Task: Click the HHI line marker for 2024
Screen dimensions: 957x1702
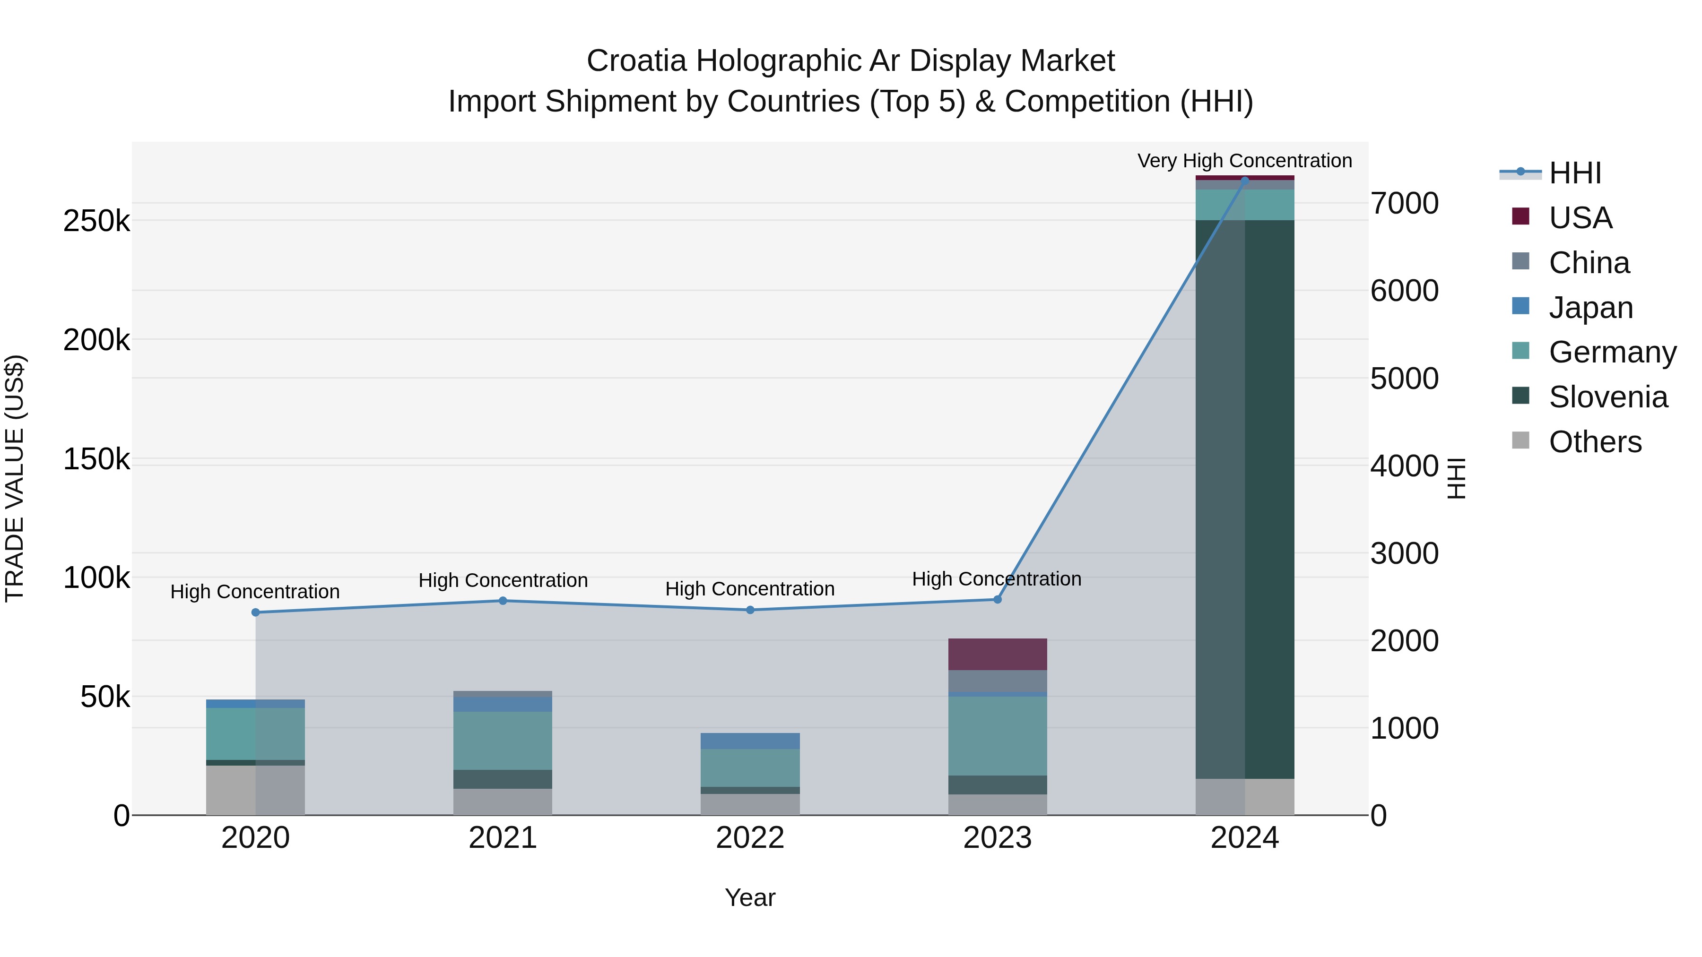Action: [1245, 181]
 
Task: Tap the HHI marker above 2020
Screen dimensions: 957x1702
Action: [256, 612]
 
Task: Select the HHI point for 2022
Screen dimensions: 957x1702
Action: [750, 610]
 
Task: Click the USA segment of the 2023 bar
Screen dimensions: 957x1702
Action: [997, 654]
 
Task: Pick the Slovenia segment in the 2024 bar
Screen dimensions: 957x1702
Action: [1245, 499]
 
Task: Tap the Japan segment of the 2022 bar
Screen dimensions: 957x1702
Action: [750, 741]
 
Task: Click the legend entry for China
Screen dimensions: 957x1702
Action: [1589, 263]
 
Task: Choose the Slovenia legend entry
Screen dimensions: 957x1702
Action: [1607, 397]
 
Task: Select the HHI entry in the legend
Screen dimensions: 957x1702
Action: [1574, 173]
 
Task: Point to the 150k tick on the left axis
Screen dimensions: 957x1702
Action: [96, 459]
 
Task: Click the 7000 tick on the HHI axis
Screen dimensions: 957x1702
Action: [1405, 203]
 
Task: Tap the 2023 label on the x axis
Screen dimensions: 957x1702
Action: [997, 838]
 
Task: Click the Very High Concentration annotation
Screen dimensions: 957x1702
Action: [1244, 161]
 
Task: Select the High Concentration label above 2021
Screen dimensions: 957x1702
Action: [503, 580]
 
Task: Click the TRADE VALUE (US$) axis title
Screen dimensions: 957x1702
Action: [15, 478]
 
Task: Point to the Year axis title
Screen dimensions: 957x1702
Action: [750, 897]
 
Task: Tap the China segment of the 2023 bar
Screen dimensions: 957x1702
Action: [997, 681]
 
